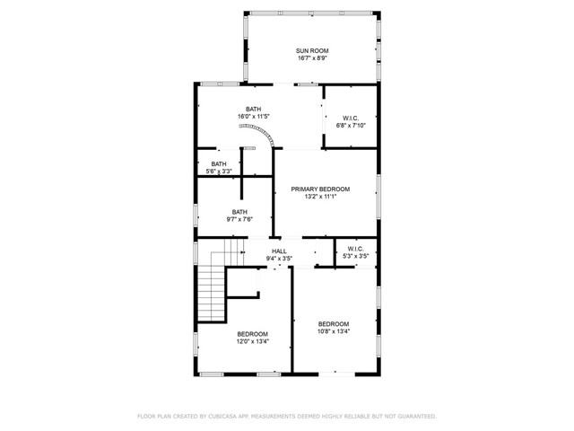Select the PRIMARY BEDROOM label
pos(320,189)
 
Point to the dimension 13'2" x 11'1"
pos(320,198)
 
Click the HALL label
pos(280,251)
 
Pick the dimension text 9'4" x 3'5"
pos(280,259)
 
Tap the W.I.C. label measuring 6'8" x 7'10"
pos(351,118)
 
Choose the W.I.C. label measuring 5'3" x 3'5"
pos(355,249)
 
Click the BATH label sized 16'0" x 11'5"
pos(254,110)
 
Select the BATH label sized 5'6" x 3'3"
pos(219,163)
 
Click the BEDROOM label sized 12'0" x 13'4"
pos(252,334)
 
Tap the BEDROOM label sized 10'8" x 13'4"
pos(334,323)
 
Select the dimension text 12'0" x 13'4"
pos(252,341)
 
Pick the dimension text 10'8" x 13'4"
pos(334,331)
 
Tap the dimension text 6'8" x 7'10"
pos(351,126)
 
